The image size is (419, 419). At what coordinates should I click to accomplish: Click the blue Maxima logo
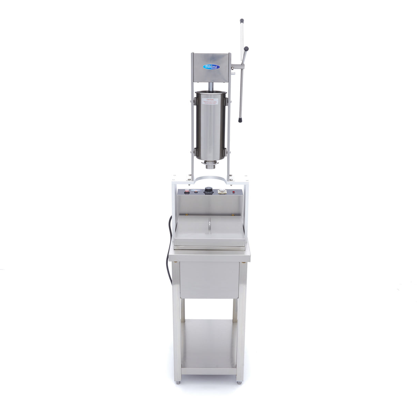coord(211,67)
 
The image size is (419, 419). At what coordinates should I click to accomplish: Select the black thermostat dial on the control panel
coord(208,190)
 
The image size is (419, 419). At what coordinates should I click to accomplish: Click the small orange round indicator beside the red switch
coord(196,191)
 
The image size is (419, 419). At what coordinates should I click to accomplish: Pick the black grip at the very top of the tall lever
coord(242,21)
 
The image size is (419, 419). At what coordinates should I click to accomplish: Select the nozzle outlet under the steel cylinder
coord(210,166)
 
